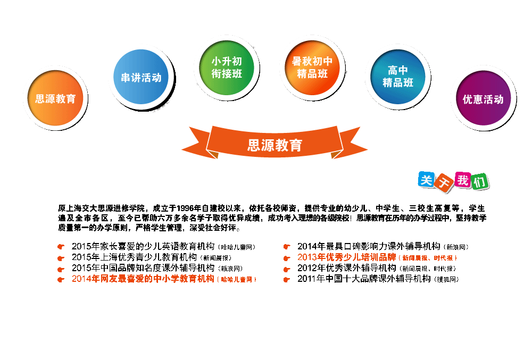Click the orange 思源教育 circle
[55, 98]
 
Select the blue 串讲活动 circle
[141, 78]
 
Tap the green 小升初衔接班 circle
[227, 68]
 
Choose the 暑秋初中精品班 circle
[312, 68]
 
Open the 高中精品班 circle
[398, 77]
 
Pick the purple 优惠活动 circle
[483, 99]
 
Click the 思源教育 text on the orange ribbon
[275, 145]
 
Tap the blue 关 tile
[426, 180]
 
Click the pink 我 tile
[463, 181]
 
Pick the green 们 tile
[480, 183]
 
